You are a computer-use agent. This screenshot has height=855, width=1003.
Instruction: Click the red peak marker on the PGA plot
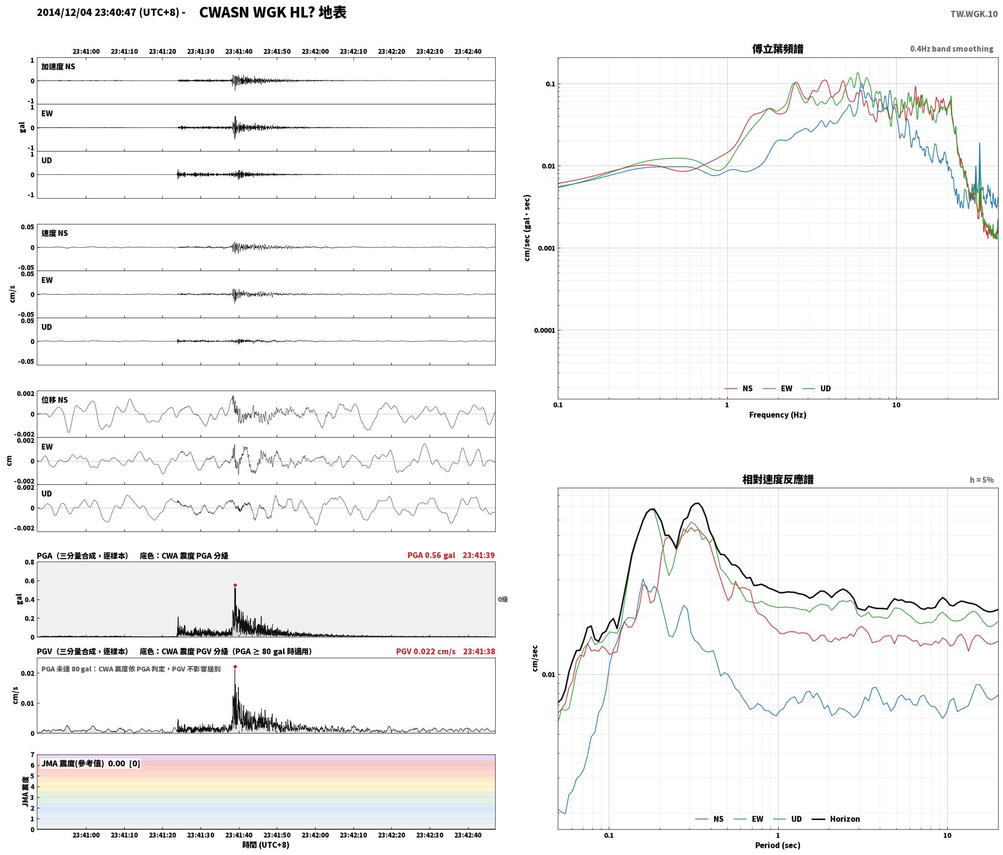[x=235, y=585]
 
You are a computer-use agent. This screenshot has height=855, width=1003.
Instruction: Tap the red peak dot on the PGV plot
[x=235, y=667]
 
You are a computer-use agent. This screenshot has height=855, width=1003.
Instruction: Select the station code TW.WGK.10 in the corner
[x=974, y=14]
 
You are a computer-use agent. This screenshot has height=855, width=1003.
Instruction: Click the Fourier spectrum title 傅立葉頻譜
[x=778, y=49]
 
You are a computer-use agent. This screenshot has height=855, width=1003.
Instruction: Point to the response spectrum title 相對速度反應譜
[x=778, y=479]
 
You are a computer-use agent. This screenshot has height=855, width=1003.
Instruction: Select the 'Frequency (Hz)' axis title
[x=777, y=414]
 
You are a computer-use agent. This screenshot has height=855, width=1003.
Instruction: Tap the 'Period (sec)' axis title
[x=777, y=845]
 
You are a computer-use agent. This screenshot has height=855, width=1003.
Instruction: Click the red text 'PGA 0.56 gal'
[x=431, y=555]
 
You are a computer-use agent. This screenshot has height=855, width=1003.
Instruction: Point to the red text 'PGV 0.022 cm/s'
[x=426, y=651]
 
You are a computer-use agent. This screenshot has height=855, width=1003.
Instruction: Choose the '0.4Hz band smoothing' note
[x=952, y=49]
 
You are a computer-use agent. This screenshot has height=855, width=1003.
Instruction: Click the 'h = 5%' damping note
[x=982, y=480]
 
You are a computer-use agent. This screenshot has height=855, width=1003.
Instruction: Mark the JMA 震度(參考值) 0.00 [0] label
[x=91, y=763]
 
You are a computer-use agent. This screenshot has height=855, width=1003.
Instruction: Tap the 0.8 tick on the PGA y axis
[x=29, y=563]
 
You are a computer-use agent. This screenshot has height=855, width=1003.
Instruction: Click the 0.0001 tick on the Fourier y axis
[x=544, y=330]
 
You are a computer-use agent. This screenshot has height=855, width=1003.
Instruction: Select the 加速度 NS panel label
[x=58, y=67]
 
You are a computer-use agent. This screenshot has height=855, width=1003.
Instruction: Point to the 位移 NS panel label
[x=54, y=400]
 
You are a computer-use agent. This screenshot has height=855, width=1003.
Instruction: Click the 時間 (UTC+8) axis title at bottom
[x=266, y=845]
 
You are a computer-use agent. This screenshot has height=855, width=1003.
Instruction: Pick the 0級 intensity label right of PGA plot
[x=502, y=599]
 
